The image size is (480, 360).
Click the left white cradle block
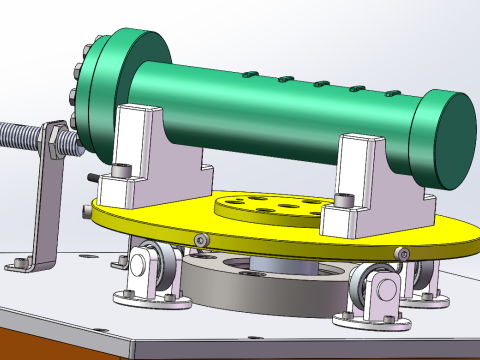click(145, 150)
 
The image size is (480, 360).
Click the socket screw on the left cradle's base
click(122, 171)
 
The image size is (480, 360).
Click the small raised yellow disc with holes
click(270, 207)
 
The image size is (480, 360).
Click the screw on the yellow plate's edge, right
click(402, 250)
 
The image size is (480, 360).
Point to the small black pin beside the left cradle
click(93, 178)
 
